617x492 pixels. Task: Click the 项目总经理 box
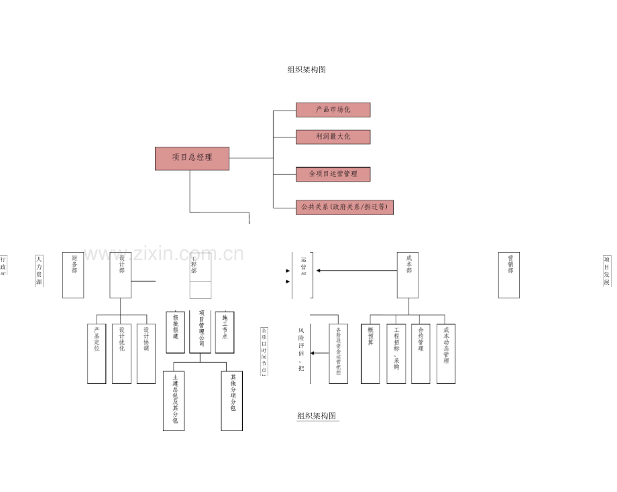point(192,158)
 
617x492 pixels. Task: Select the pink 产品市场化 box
point(333,110)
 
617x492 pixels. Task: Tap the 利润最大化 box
point(333,137)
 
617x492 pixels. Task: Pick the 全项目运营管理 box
point(333,174)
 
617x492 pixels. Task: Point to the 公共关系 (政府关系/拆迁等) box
point(344,207)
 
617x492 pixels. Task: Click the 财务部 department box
point(73,275)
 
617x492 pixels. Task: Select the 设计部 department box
point(121,275)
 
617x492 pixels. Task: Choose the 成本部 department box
point(408,275)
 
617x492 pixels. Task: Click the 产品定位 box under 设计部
point(97,353)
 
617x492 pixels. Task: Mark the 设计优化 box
point(121,353)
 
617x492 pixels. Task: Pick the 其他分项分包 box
point(231,400)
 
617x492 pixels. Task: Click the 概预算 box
point(370,353)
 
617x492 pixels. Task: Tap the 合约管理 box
point(420,353)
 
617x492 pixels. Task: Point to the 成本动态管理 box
point(446,353)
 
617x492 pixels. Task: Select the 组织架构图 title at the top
point(306,70)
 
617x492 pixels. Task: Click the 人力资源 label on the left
point(39,270)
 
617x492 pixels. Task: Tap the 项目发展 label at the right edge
point(606,270)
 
